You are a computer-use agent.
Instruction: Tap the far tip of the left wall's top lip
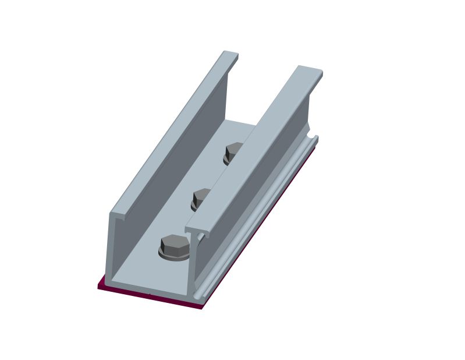tap(230, 54)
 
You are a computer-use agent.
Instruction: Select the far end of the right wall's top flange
tap(310, 71)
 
